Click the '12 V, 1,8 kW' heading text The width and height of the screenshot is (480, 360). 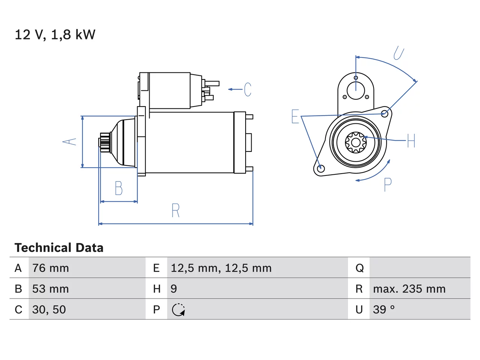click(x=55, y=35)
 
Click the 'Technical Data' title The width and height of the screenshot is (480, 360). click(x=59, y=247)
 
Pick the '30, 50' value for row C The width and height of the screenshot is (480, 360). click(x=49, y=309)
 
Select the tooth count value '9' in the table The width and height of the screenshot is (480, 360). click(x=174, y=289)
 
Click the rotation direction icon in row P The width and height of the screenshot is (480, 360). click(x=178, y=310)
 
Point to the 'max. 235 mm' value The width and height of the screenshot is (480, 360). click(x=409, y=289)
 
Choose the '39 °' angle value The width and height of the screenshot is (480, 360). click(x=384, y=309)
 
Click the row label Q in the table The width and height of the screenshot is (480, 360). click(x=360, y=268)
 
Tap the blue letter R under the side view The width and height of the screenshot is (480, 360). click(x=175, y=210)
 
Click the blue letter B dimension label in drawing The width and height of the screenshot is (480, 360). click(x=119, y=188)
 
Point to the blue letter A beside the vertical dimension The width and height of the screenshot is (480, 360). click(x=69, y=142)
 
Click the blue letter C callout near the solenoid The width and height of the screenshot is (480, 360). click(x=247, y=89)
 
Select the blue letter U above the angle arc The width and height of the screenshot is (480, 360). click(x=399, y=53)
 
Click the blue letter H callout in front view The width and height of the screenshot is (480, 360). click(x=411, y=141)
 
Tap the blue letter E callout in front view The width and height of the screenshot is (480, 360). click(x=295, y=117)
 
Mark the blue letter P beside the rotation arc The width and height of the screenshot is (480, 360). click(x=388, y=185)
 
